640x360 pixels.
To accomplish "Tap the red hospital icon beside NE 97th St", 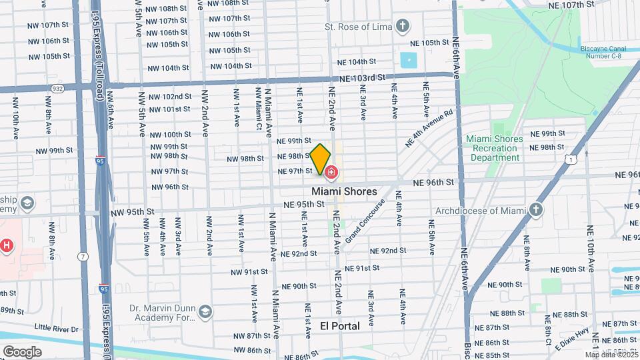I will coord(331,173).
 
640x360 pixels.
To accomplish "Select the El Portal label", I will coord(340,326).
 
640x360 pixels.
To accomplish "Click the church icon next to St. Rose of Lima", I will coord(401,27).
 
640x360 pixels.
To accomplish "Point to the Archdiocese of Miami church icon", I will coord(537,211).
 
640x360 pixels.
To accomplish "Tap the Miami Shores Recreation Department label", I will coord(495,148).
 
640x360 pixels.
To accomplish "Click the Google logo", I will coord(22,351).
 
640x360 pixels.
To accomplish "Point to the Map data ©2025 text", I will coord(611,354).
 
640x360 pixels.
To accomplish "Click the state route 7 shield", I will coord(81,257).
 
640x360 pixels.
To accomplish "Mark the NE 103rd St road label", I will coord(362,78).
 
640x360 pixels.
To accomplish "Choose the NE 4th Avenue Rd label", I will coord(429,128).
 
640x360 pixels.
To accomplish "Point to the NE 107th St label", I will coord(571,5).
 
